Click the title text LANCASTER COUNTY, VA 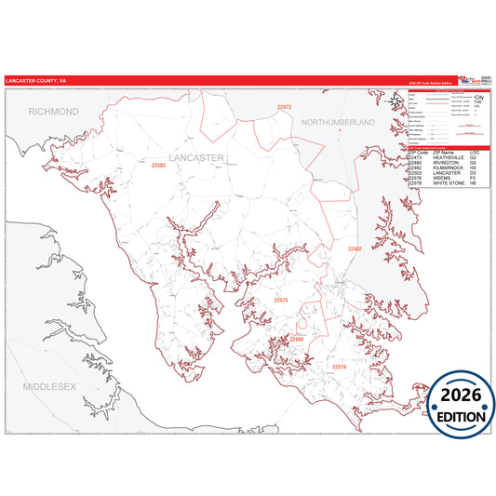pyautogui.click(x=35, y=81)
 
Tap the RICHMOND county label pyautogui.click(x=54, y=111)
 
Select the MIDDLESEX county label pyautogui.click(x=50, y=384)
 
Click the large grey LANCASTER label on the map pyautogui.click(x=196, y=158)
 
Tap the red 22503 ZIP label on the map pyautogui.click(x=158, y=165)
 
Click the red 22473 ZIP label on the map pyautogui.click(x=284, y=107)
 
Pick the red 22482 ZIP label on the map pyautogui.click(x=355, y=249)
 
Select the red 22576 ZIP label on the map pyautogui.click(x=281, y=300)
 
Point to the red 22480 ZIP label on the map pyautogui.click(x=297, y=340)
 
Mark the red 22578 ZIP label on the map pyautogui.click(x=338, y=367)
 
